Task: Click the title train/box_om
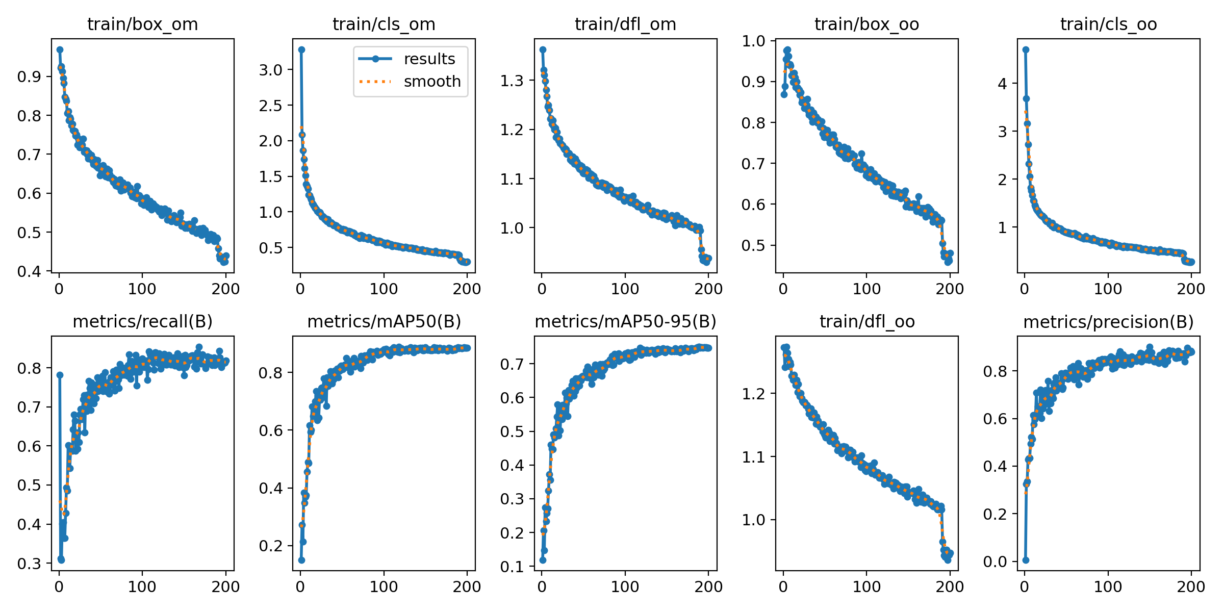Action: (142, 24)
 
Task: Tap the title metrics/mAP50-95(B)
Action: (625, 322)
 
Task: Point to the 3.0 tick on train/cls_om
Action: (270, 70)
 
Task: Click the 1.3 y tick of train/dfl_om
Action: (512, 81)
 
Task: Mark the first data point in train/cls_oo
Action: (1026, 49)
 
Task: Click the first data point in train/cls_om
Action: (301, 49)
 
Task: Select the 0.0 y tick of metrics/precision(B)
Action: (995, 562)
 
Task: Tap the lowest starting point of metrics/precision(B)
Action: (1026, 560)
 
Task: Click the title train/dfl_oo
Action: (867, 322)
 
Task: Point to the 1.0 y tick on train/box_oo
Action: (753, 41)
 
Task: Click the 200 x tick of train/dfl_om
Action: (708, 289)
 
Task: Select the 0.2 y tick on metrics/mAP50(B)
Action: (271, 546)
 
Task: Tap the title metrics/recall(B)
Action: (142, 322)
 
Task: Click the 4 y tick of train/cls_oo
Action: (1003, 83)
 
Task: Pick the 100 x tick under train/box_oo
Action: (866, 289)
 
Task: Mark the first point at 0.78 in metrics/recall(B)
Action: (60, 375)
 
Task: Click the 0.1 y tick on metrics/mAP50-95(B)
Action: (512, 567)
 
